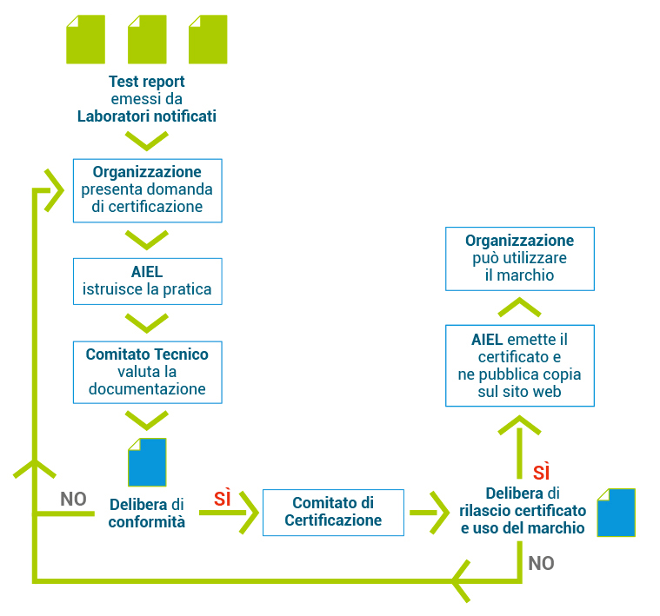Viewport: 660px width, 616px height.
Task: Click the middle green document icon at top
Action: pyautogui.click(x=147, y=39)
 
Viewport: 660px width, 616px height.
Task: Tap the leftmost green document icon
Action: pyautogui.click(x=86, y=39)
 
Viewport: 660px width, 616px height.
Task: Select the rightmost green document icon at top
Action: pyautogui.click(x=208, y=39)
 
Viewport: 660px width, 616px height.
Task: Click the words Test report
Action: pyautogui.click(x=147, y=82)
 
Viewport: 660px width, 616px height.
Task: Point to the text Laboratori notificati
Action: pyautogui.click(x=147, y=116)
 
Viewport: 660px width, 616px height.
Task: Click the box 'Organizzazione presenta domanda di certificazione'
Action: pyautogui.click(x=147, y=189)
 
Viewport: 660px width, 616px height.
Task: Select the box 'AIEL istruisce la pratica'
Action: pyautogui.click(x=147, y=281)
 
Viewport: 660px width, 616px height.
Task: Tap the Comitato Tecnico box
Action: pyautogui.click(x=147, y=372)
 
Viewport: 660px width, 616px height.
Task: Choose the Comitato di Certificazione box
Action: pyautogui.click(x=333, y=512)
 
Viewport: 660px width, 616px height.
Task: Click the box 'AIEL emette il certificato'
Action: pyautogui.click(x=520, y=365)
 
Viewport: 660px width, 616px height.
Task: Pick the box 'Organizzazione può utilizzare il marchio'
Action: pyautogui.click(x=520, y=258)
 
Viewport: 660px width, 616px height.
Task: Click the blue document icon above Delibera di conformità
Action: pyautogui.click(x=147, y=461)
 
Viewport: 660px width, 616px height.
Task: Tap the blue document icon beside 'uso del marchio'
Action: pyautogui.click(x=616, y=512)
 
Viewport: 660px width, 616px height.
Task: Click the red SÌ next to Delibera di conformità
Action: pyautogui.click(x=223, y=499)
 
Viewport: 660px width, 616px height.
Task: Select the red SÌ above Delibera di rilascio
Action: pyautogui.click(x=542, y=473)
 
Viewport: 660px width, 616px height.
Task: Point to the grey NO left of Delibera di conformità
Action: pyautogui.click(x=73, y=499)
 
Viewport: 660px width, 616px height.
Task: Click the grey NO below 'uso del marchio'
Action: pyautogui.click(x=541, y=563)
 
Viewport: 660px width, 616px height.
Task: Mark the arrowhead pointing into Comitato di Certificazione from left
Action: pyautogui.click(x=249, y=512)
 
